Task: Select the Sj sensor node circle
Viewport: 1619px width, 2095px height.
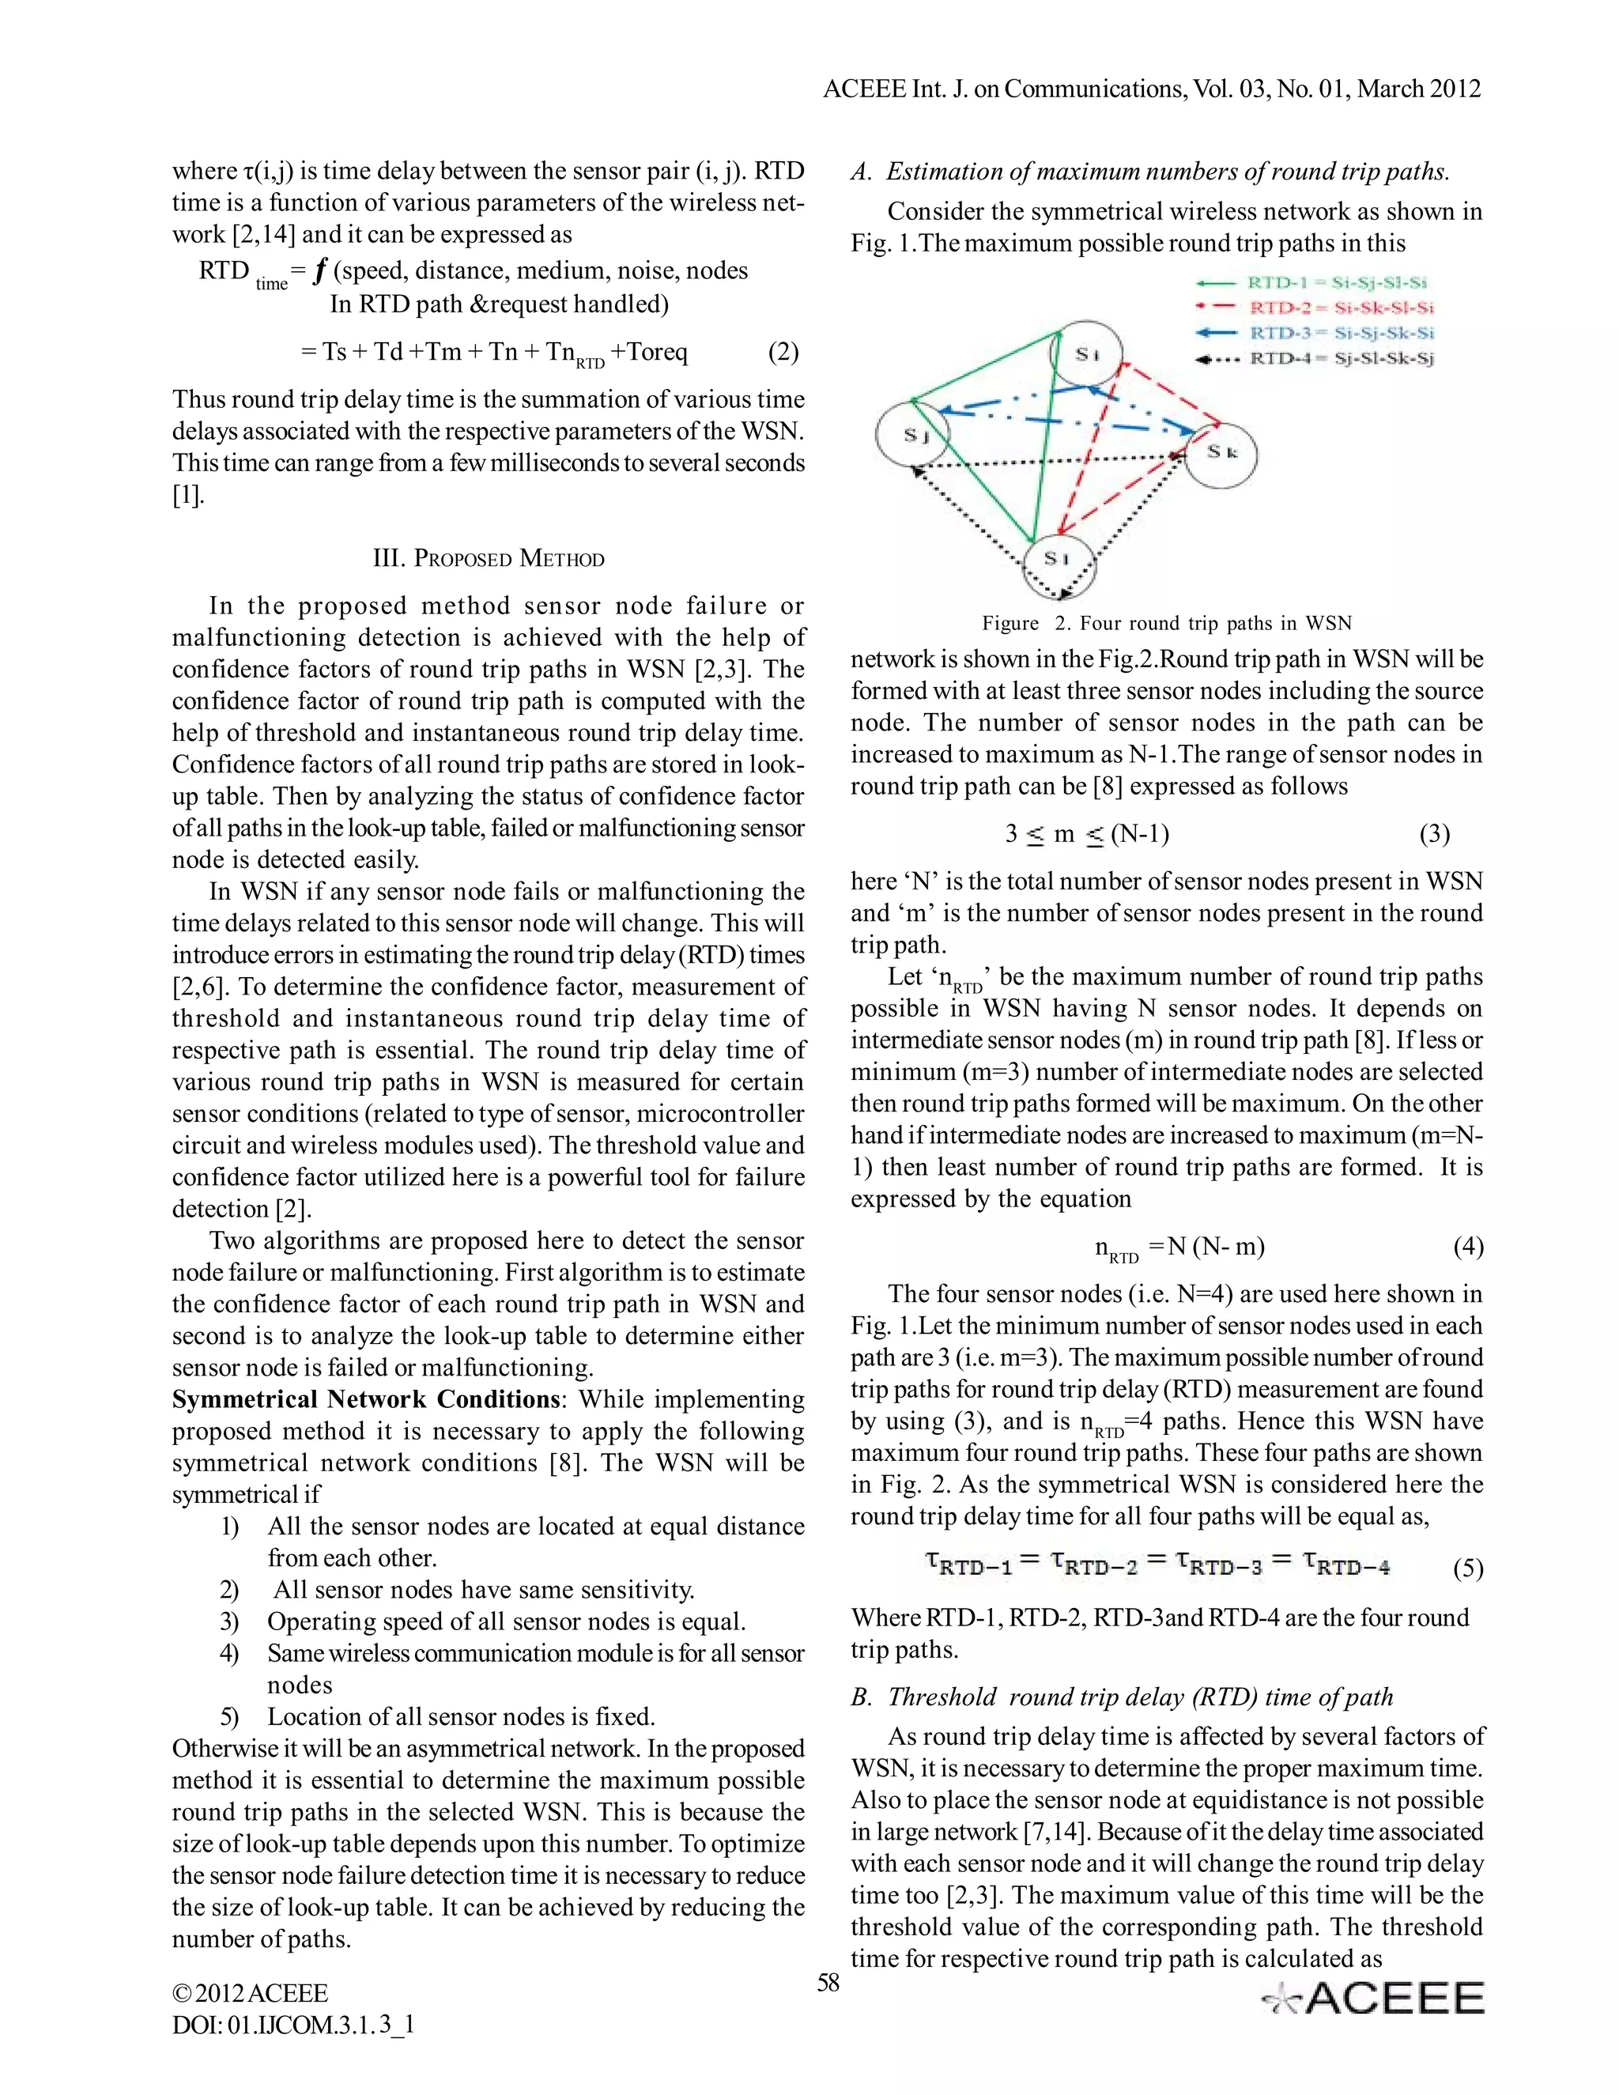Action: (x=912, y=435)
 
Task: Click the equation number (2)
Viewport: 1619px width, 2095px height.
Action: (x=783, y=352)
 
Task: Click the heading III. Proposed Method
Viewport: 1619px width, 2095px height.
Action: (x=489, y=558)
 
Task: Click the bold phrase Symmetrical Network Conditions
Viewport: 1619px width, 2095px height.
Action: (x=364, y=1399)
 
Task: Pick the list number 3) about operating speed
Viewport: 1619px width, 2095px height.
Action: (x=229, y=1621)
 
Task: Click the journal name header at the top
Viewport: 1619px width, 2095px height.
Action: (x=1152, y=89)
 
